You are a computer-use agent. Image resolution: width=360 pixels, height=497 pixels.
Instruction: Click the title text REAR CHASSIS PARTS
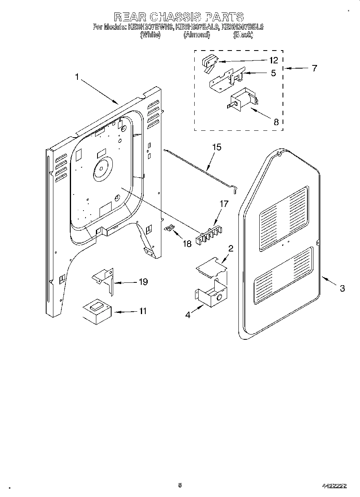179,16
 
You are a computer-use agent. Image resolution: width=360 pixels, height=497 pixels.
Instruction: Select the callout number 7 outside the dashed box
314,68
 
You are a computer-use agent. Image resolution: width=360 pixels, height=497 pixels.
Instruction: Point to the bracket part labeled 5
223,80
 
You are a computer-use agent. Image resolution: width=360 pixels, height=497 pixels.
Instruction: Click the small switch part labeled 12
209,63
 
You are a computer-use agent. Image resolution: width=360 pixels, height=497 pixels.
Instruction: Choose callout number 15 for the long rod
216,147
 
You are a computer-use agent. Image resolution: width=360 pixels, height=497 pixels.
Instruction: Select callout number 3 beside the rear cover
342,288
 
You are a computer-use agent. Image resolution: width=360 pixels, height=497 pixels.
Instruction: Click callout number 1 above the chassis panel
77,77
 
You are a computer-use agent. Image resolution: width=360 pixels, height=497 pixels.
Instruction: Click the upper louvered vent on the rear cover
284,219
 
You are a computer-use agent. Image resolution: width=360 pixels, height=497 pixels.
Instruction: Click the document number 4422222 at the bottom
334,485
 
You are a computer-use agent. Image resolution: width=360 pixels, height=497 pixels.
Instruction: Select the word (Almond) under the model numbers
197,35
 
